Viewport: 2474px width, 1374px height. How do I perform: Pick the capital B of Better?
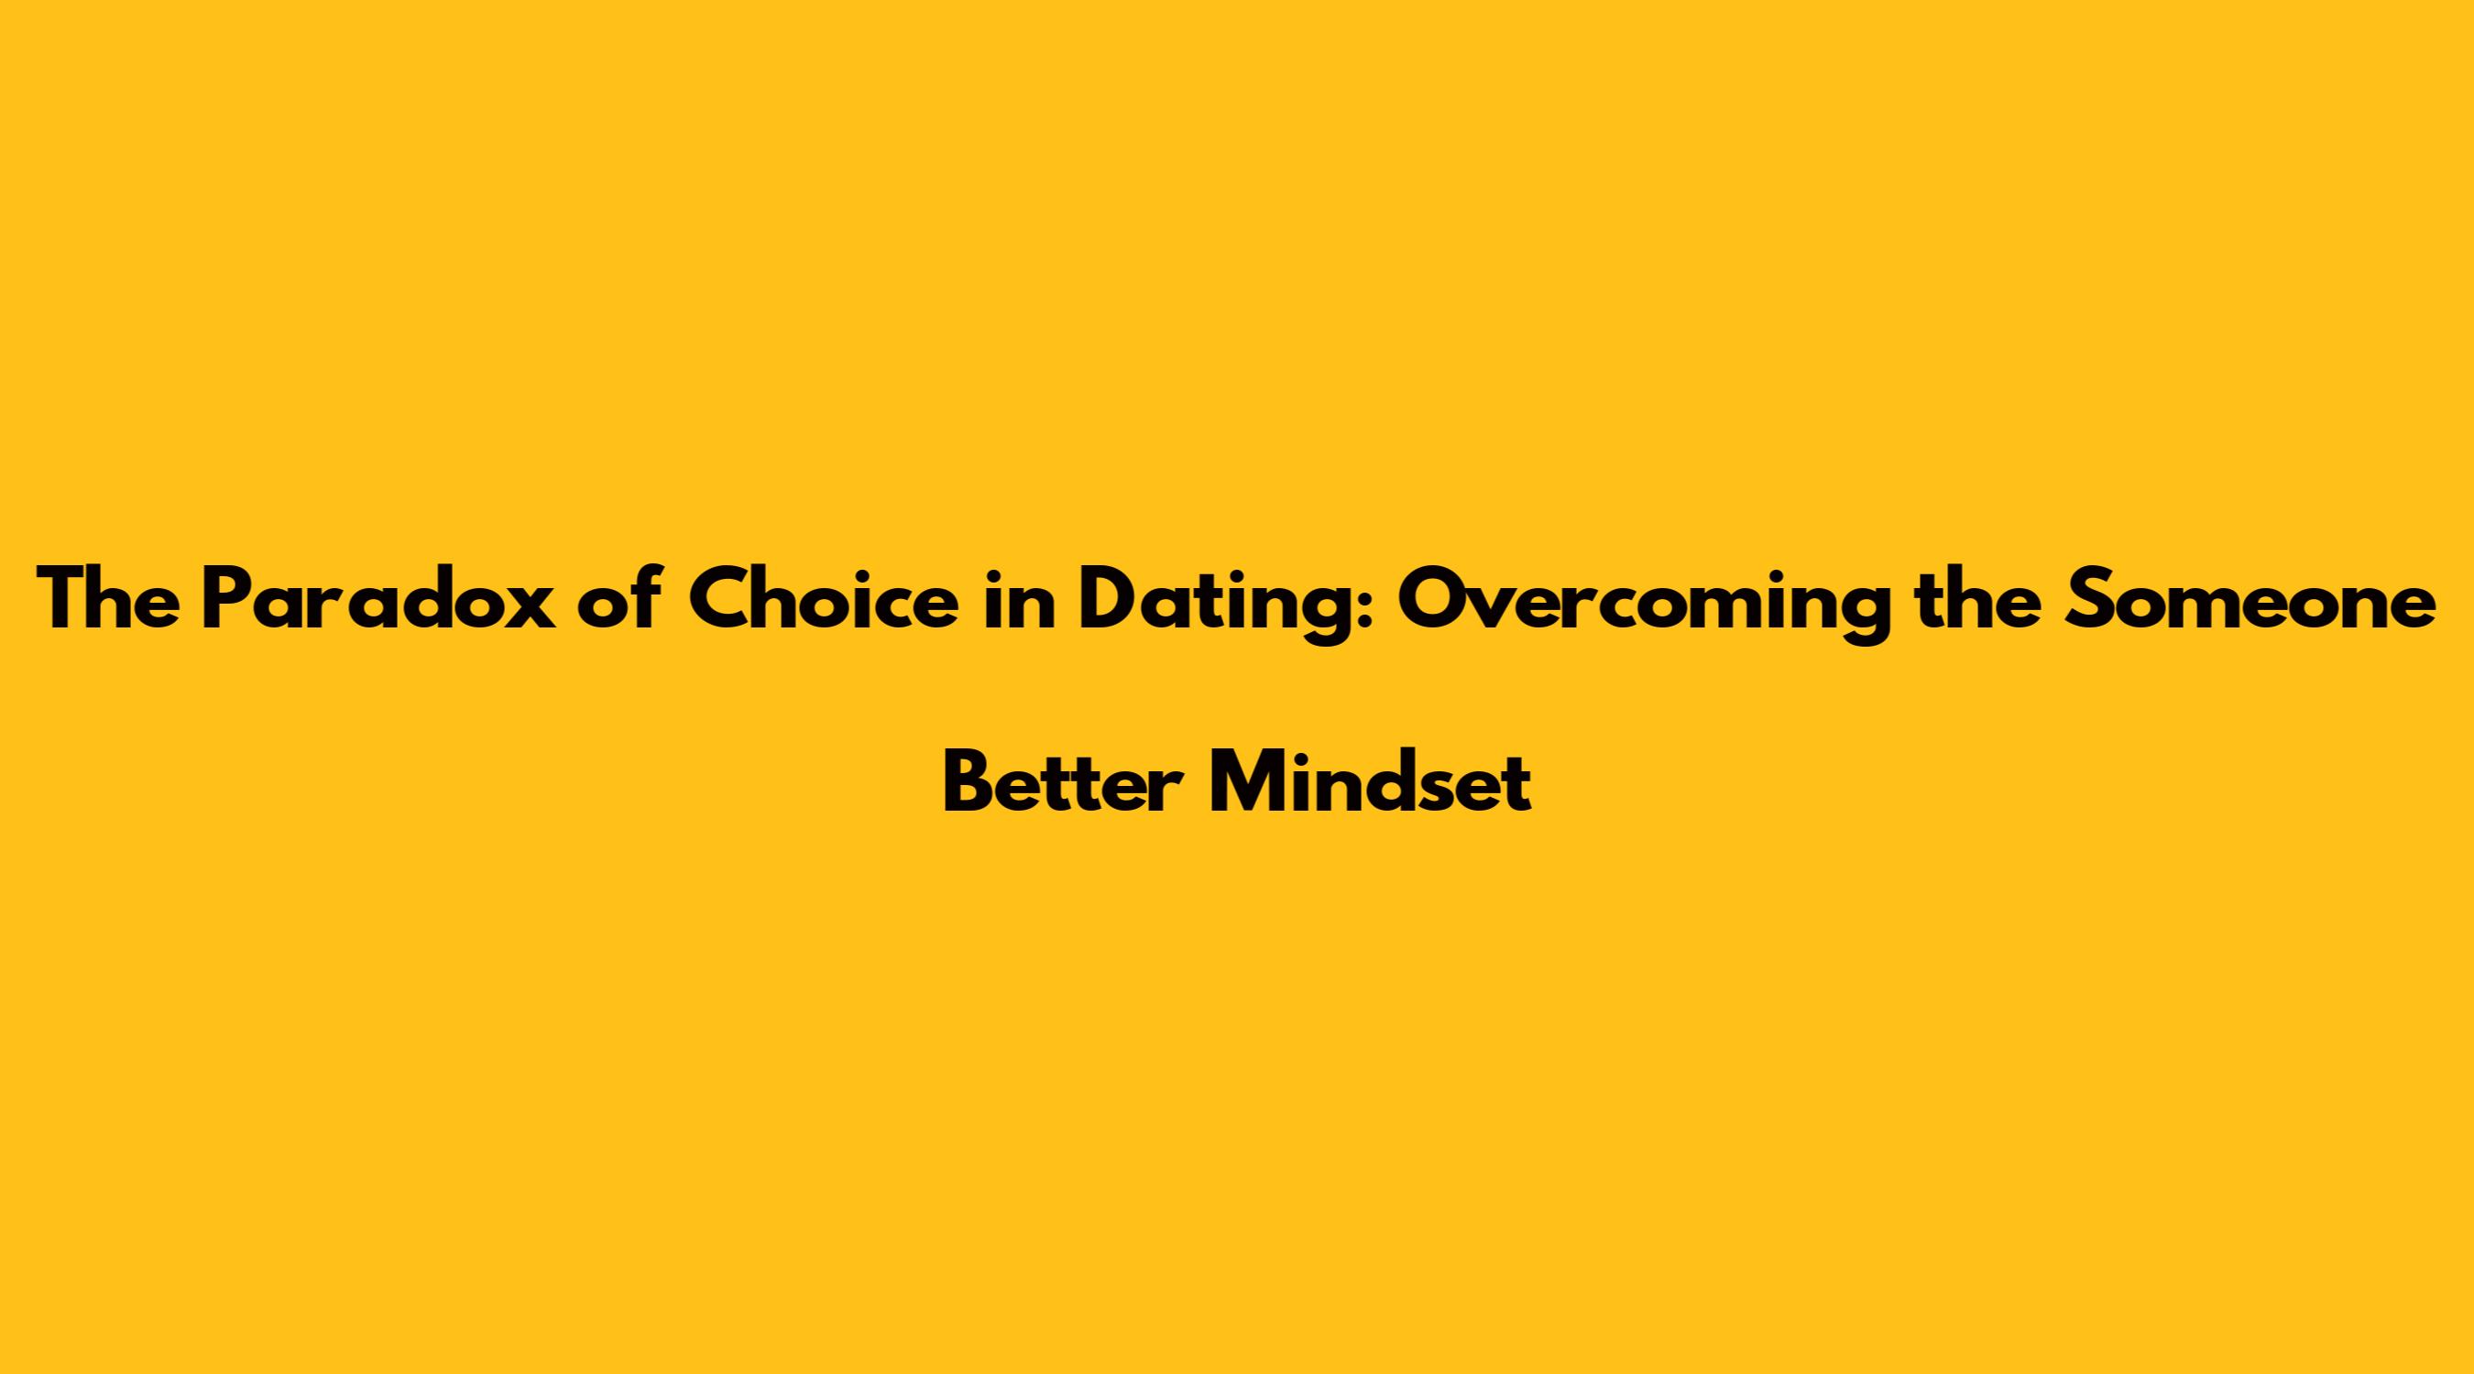pyautogui.click(x=970, y=781)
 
